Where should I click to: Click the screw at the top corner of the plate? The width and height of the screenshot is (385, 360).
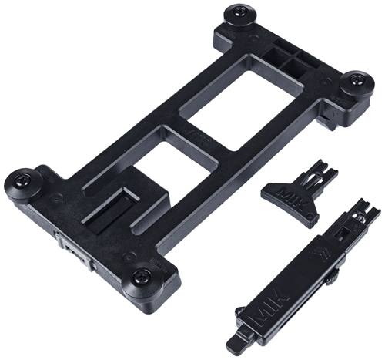click(x=239, y=12)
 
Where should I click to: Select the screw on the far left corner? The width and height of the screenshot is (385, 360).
click(x=22, y=180)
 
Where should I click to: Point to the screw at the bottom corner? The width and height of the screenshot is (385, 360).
click(x=141, y=278)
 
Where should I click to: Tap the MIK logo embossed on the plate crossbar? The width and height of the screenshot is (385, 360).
click(x=203, y=140)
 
